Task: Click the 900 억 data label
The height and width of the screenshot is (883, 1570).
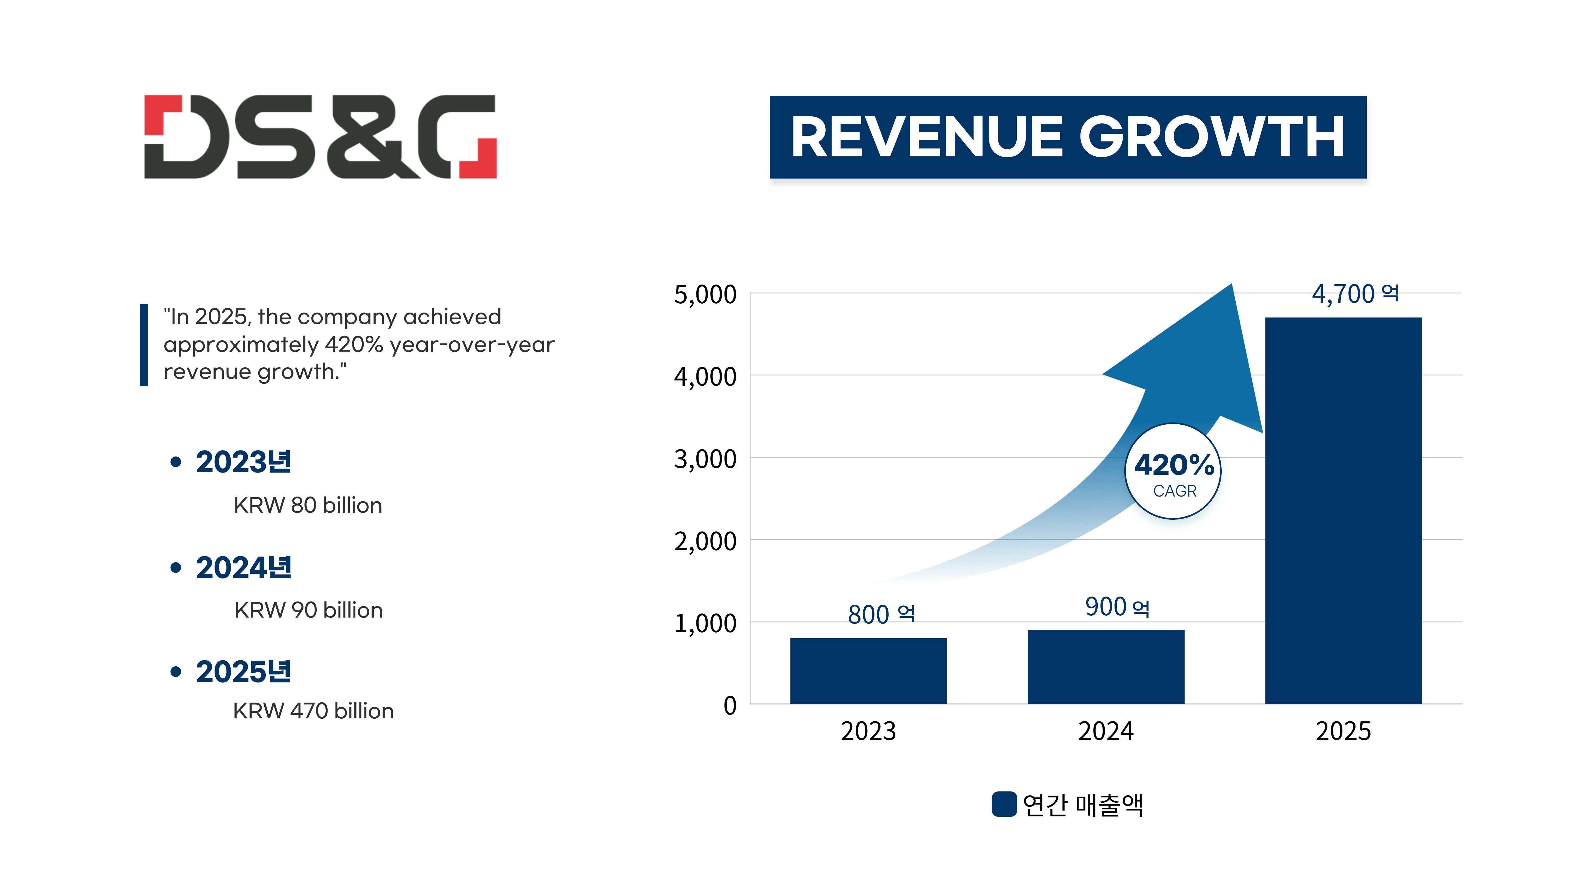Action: [x=1117, y=607]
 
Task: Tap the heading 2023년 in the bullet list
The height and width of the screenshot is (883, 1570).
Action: [x=243, y=462]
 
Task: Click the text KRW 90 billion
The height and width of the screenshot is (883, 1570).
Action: [x=308, y=610]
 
